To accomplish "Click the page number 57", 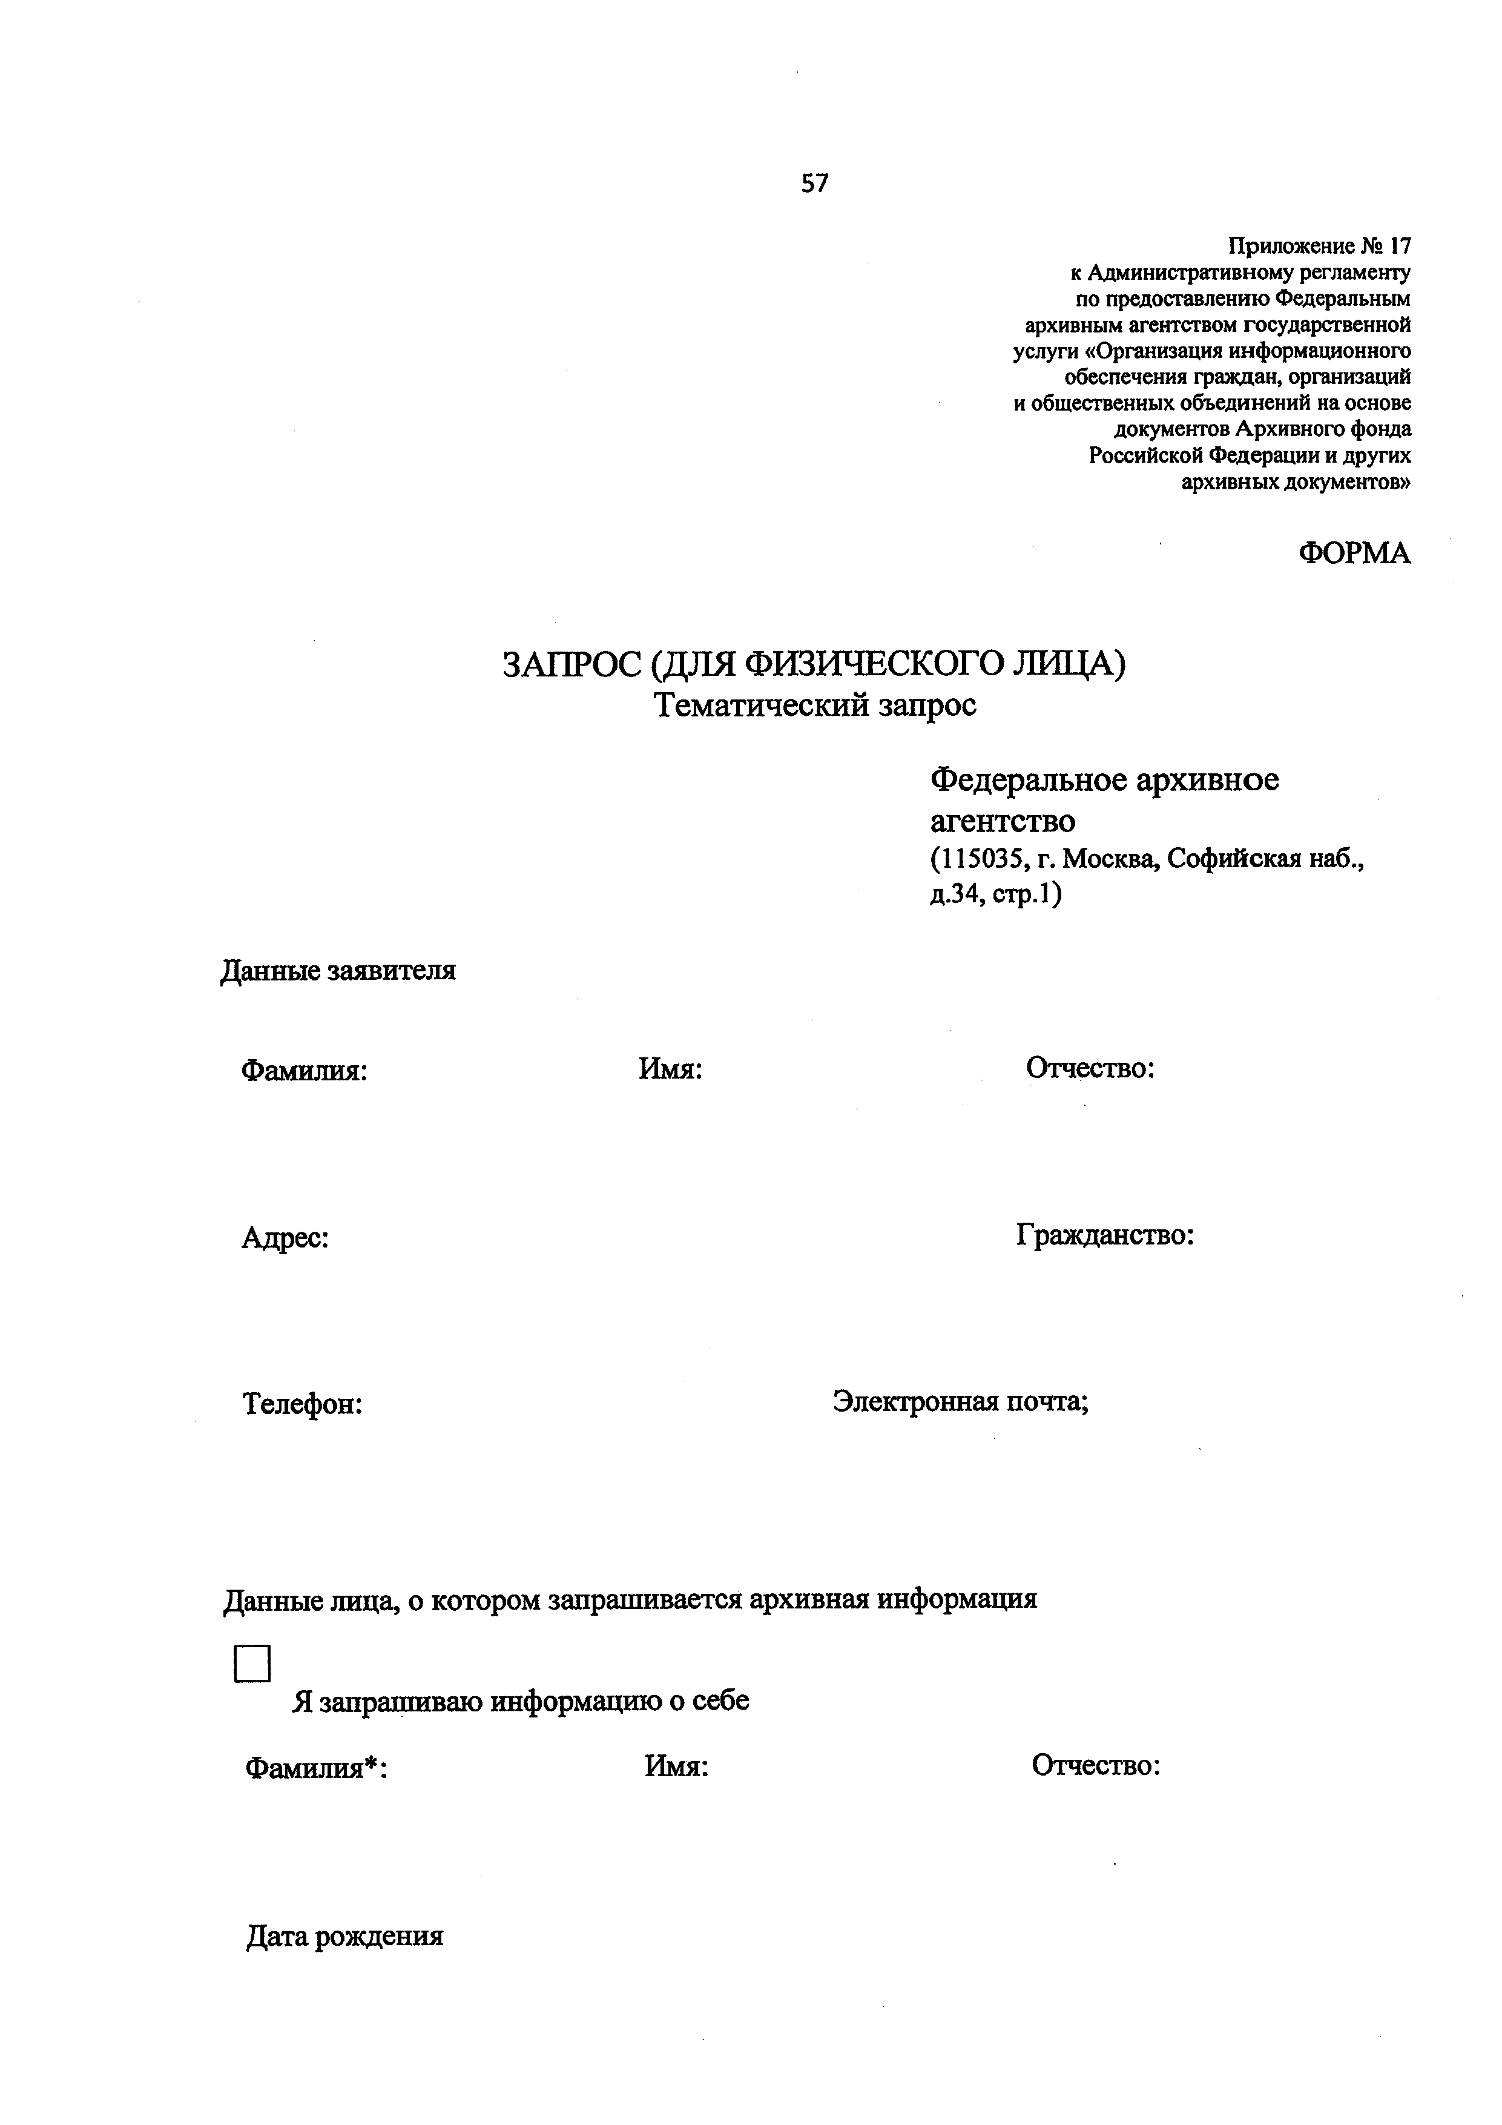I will [814, 184].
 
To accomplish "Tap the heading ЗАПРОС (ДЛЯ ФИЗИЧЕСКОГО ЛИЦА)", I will [814, 664].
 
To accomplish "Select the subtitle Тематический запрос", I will [814, 706].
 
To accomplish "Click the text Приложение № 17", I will [1319, 246].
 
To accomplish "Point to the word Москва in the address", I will [1108, 860].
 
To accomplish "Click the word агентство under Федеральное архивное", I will [1003, 821].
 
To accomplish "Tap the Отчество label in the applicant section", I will [1090, 1068].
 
